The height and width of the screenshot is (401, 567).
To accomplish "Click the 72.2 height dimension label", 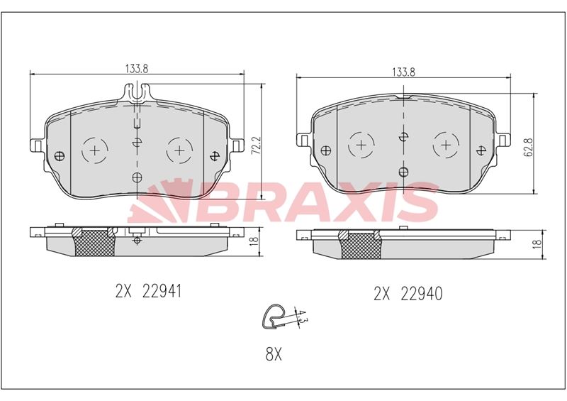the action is [256, 145].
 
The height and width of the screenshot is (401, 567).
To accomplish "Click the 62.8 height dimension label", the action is [529, 147].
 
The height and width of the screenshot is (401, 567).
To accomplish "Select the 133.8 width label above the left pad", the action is [137, 68].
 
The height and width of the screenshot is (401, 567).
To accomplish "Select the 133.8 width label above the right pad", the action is [403, 72].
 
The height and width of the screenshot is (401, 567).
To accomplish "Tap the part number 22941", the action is [162, 291].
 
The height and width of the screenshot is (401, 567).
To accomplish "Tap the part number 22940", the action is [421, 294].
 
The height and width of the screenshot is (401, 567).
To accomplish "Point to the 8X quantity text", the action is [274, 354].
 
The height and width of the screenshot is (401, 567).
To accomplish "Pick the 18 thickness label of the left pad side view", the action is [254, 240].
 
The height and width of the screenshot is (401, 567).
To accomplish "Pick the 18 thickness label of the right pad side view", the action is [538, 243].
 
